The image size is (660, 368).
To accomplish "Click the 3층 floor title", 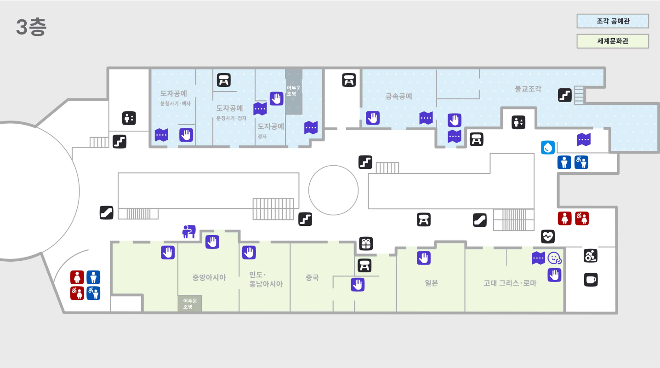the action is [x=31, y=28].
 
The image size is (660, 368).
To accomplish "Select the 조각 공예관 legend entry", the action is [x=613, y=21].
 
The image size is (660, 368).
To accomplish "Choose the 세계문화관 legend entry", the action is [x=613, y=41].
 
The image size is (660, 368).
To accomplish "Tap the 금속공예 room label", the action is [x=398, y=97].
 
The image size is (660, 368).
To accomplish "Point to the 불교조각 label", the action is [x=528, y=89].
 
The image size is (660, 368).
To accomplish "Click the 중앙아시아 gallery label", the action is [x=209, y=278].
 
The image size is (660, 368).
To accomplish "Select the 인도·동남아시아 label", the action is [x=266, y=280].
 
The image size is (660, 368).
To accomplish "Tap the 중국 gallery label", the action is [x=312, y=278].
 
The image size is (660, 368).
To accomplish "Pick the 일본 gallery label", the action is [x=431, y=283].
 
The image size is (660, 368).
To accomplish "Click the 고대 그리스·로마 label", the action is [x=510, y=283].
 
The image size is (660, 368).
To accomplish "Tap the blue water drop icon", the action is [x=548, y=148].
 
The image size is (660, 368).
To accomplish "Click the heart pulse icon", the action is [x=548, y=236].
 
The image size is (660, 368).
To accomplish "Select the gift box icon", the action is [x=366, y=244].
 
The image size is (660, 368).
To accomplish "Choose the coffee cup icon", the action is [x=591, y=280].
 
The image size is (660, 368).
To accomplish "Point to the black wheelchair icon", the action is [x=591, y=256].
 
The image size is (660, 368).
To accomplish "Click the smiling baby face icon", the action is [x=554, y=259].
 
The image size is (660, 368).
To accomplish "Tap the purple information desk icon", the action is [x=189, y=231].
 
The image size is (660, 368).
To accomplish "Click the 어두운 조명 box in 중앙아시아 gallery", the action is [x=189, y=304].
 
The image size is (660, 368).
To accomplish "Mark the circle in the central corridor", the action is [x=333, y=190].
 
